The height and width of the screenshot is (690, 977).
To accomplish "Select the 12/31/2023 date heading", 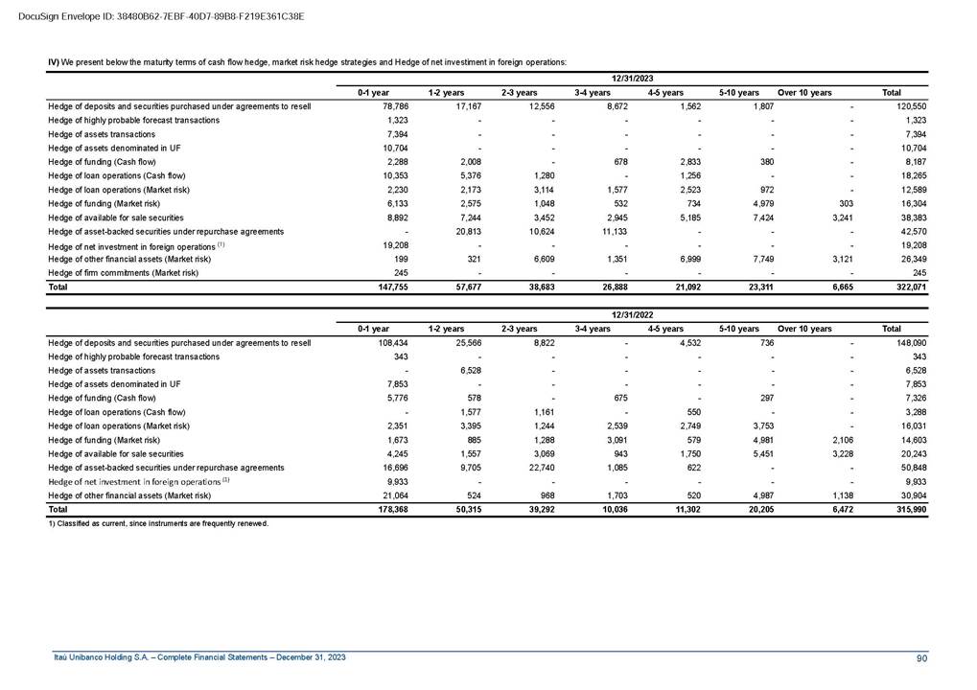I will (632, 77).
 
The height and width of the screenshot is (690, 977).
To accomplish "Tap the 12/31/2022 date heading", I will (632, 313).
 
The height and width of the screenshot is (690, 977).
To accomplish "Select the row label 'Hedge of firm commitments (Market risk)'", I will (123, 272).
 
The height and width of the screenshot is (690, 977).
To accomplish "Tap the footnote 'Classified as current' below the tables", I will (158, 524).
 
